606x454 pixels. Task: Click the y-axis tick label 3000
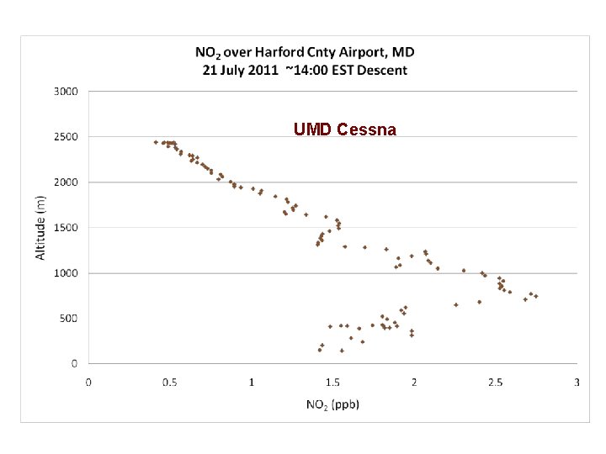(x=66, y=91)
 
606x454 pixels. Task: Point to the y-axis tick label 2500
(x=66, y=136)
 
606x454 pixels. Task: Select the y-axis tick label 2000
(x=66, y=182)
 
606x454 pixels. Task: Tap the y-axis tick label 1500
(x=66, y=227)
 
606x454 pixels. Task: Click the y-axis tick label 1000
(x=66, y=272)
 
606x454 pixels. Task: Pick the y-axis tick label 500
(x=69, y=318)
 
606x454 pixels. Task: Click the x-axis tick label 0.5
(x=170, y=383)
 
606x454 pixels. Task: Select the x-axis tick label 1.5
(x=333, y=383)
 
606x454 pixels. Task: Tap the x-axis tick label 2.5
(x=496, y=383)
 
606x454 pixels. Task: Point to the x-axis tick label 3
(x=577, y=383)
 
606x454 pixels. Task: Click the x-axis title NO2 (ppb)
(x=332, y=404)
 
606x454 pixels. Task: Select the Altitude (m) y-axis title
(x=41, y=227)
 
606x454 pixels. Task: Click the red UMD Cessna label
(x=345, y=129)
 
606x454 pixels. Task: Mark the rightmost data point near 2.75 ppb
(x=535, y=296)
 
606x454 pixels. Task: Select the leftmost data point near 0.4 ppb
(x=156, y=142)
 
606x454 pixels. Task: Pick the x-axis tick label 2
(x=414, y=383)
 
